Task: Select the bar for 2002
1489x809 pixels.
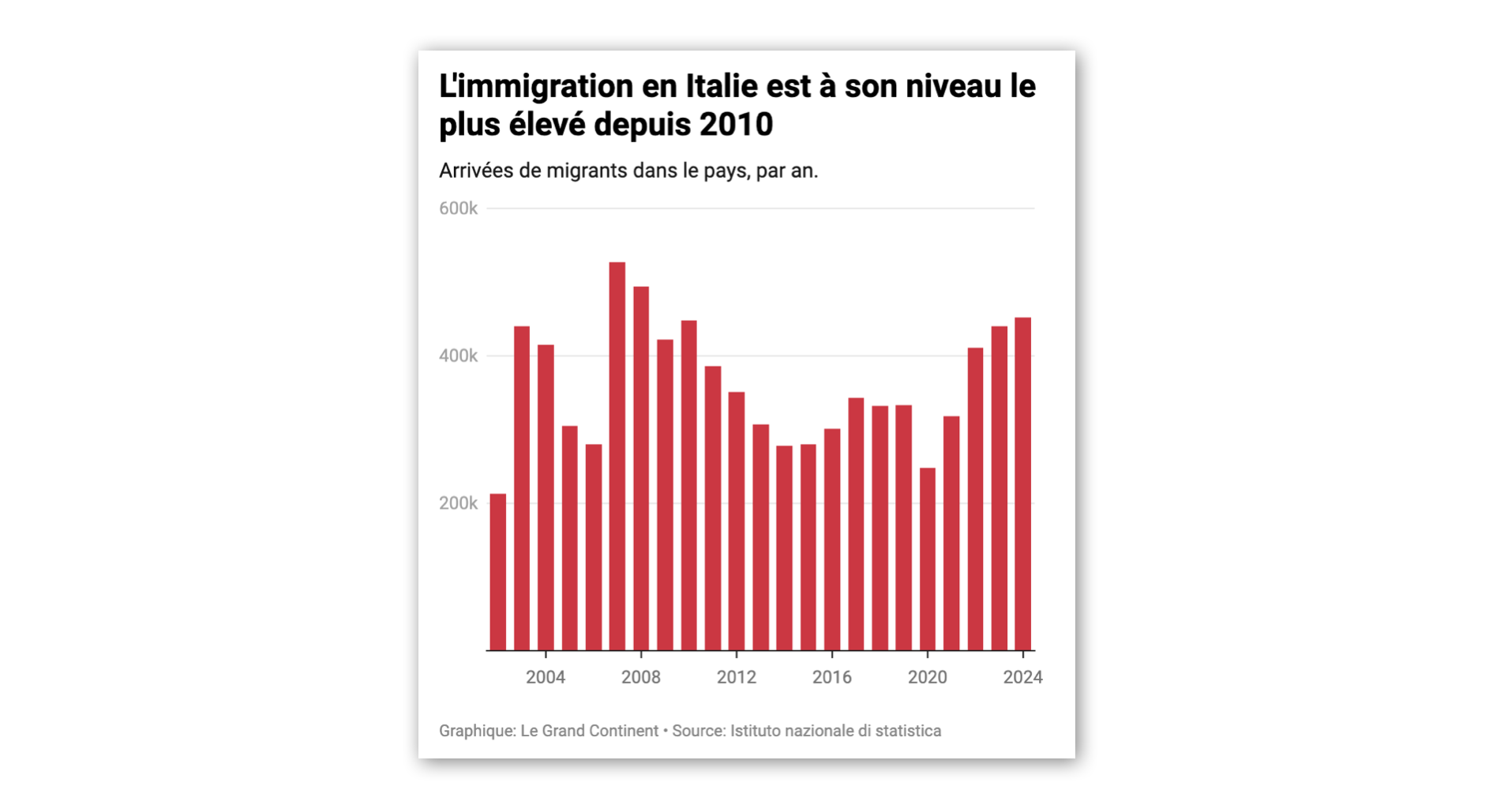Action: [497, 572]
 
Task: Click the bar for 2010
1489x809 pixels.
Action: [688, 485]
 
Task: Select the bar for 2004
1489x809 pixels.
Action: [546, 497]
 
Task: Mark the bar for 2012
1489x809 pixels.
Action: [736, 521]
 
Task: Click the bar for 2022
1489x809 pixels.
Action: [975, 499]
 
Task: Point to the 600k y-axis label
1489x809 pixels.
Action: [458, 209]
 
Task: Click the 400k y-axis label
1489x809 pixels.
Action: [458, 356]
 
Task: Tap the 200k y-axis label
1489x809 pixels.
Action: [458, 503]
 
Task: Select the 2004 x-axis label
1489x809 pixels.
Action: [546, 677]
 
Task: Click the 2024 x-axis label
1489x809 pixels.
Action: [1022, 677]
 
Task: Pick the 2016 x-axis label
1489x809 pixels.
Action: [831, 677]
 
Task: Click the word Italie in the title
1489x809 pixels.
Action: [722, 86]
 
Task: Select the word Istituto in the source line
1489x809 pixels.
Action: [757, 731]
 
